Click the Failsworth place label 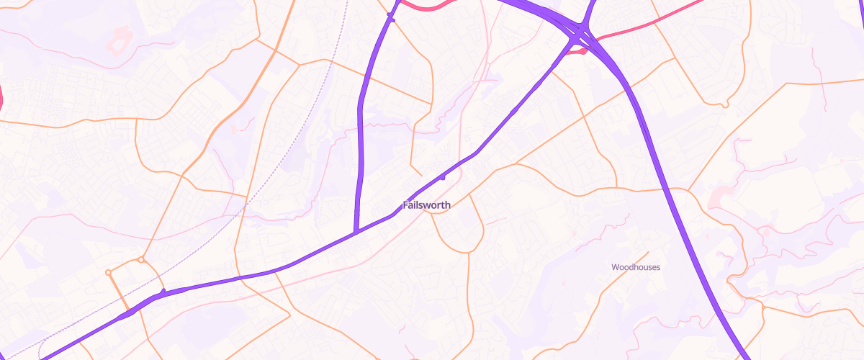[x=427, y=205]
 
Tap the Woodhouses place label [x=636, y=267]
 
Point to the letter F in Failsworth [x=406, y=205]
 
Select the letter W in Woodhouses [x=615, y=267]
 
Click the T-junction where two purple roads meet [x=356, y=232]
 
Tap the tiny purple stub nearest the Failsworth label [x=442, y=176]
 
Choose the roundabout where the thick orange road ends [x=108, y=272]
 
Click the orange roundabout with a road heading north [x=141, y=259]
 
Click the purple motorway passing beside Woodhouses [x=691, y=238]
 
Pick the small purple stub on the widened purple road [x=163, y=292]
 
